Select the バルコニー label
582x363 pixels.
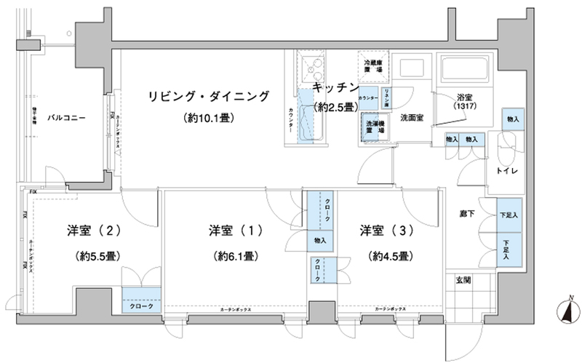tap(65, 116)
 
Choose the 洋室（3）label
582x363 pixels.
tap(376, 231)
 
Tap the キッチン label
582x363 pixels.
tap(335, 87)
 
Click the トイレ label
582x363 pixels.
tap(506, 171)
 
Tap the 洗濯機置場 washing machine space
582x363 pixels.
tap(375, 128)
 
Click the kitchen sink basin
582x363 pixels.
tap(314, 70)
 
